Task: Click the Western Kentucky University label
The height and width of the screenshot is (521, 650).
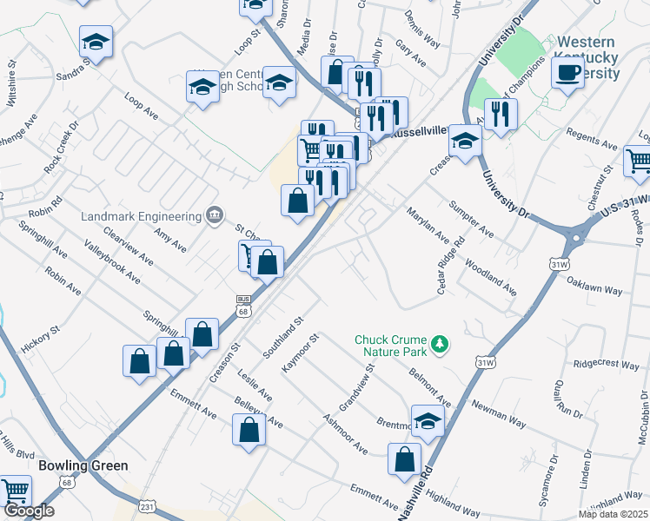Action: pos(587,56)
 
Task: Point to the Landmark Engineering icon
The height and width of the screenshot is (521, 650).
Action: pos(213,215)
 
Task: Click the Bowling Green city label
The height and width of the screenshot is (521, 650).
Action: pos(83,465)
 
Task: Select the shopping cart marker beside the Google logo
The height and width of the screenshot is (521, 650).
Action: pos(16,491)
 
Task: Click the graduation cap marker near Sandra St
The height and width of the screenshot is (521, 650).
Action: pos(96,41)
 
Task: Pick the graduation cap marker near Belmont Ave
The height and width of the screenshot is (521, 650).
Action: pos(428,421)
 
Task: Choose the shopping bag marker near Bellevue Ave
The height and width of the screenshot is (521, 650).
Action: pos(249,430)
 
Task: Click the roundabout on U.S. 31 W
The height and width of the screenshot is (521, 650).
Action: pos(580,236)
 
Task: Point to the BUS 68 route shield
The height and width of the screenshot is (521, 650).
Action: pos(243,306)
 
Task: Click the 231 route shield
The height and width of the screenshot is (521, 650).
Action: pos(148,505)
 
